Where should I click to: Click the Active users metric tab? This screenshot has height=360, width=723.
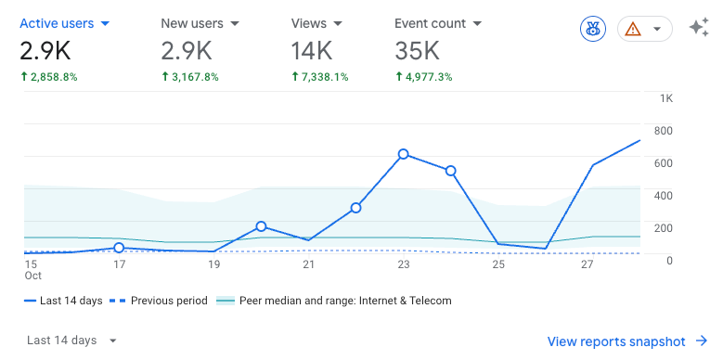point(65,23)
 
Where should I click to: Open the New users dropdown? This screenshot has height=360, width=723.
point(200,23)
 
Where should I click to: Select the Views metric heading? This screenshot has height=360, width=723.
point(316,23)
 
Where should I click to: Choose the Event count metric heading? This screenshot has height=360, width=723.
point(437,23)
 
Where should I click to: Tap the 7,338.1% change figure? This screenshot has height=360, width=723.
point(320,77)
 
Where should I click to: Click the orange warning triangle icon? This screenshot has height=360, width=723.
point(633,30)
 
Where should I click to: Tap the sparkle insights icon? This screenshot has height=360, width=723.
point(699,29)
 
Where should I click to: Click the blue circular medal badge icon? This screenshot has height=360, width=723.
point(593,30)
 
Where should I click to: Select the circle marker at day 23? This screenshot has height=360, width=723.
point(404,154)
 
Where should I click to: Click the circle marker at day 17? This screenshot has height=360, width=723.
point(119,248)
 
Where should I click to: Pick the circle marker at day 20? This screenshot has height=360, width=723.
point(261,226)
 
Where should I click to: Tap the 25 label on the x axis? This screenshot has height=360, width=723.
point(498,264)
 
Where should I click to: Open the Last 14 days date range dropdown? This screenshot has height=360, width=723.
point(72,341)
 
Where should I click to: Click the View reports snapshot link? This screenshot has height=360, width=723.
point(627,341)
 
